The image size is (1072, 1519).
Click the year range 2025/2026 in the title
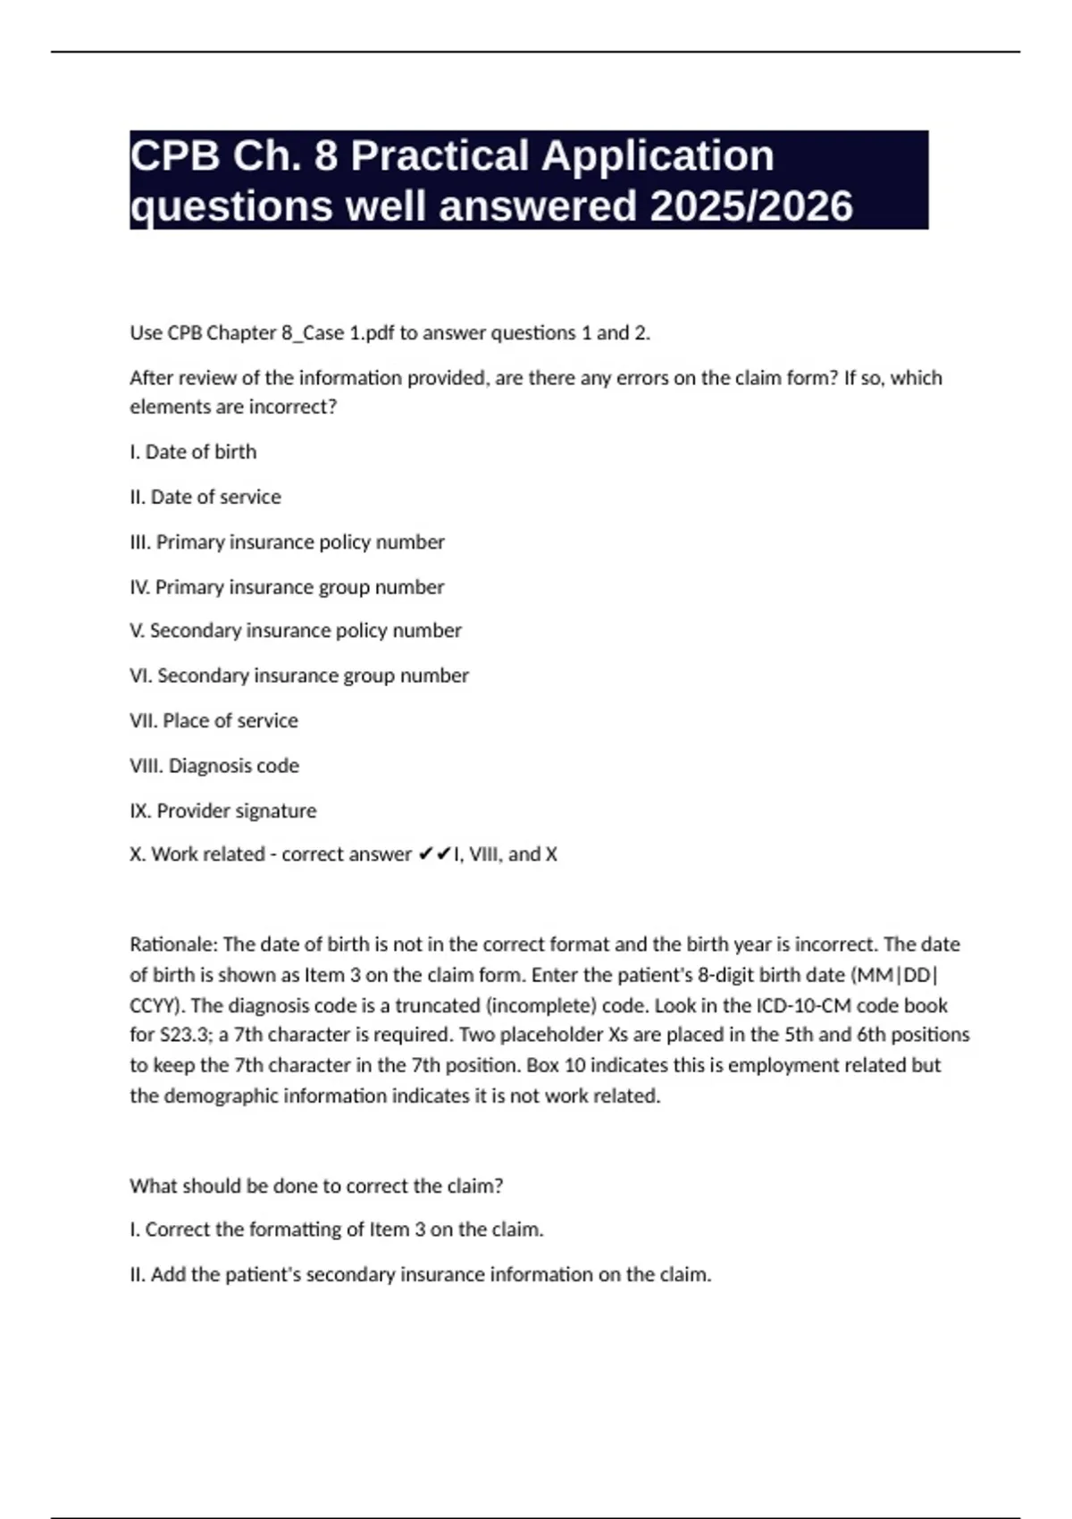tap(751, 206)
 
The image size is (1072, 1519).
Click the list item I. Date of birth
tap(193, 452)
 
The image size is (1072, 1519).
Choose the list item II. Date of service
tap(205, 497)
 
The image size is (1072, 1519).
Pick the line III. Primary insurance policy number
tap(287, 542)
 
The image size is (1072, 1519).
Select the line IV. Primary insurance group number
tap(287, 587)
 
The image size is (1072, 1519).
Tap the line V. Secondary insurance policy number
tap(296, 631)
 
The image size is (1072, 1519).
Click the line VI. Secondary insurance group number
tap(299, 676)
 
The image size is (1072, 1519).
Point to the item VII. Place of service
tap(214, 720)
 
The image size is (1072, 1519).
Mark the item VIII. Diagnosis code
tap(214, 766)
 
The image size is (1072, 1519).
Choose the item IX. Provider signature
tap(223, 810)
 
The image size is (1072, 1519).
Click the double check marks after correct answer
tap(433, 854)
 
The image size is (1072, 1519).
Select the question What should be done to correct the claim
tap(316, 1186)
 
